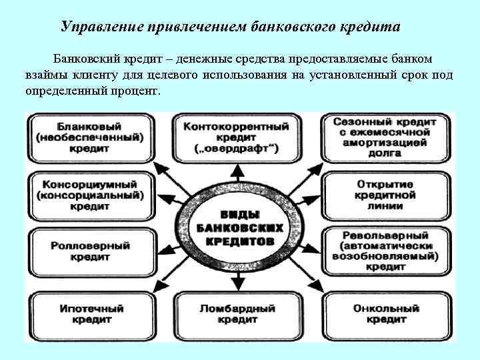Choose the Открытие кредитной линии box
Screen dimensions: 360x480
point(387,195)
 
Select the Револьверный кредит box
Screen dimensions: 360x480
point(387,251)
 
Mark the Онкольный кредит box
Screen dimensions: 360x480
point(387,314)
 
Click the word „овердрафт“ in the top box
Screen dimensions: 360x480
point(239,147)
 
